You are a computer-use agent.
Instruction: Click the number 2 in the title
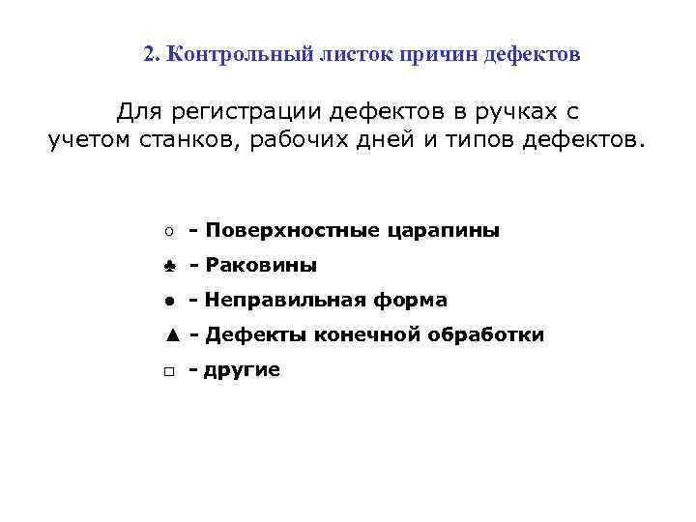149,54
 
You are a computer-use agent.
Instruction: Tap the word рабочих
303,141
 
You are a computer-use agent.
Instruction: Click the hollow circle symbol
168,231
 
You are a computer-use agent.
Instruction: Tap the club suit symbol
168,266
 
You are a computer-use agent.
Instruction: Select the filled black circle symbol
168,301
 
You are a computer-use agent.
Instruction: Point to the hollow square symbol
168,370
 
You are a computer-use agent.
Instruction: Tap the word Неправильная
280,301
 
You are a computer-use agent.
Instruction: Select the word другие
242,370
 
